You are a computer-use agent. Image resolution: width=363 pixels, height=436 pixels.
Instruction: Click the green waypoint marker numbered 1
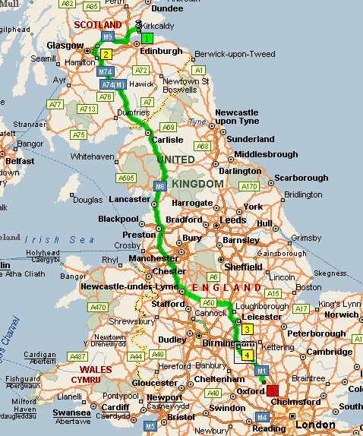[147, 37]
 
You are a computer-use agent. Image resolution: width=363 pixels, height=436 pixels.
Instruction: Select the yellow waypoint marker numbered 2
[106, 54]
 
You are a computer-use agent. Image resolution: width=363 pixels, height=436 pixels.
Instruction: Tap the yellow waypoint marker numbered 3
[248, 329]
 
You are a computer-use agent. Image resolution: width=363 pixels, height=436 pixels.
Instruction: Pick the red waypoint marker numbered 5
[273, 390]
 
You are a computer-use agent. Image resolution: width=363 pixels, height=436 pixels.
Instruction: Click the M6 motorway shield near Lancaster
[159, 186]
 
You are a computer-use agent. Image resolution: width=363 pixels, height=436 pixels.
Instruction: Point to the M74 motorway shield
[106, 71]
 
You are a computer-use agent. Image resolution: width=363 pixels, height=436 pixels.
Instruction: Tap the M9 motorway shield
[107, 36]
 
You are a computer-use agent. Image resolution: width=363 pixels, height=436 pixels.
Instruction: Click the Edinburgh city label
[161, 51]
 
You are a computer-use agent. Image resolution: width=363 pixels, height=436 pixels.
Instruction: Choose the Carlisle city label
[167, 140]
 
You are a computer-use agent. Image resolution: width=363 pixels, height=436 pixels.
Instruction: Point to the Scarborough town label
[301, 178]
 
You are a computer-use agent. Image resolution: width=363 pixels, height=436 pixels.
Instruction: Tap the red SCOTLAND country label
[97, 25]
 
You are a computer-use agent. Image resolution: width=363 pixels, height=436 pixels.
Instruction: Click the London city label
[314, 425]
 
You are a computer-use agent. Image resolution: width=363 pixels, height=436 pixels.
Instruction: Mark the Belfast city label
[20, 161]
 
